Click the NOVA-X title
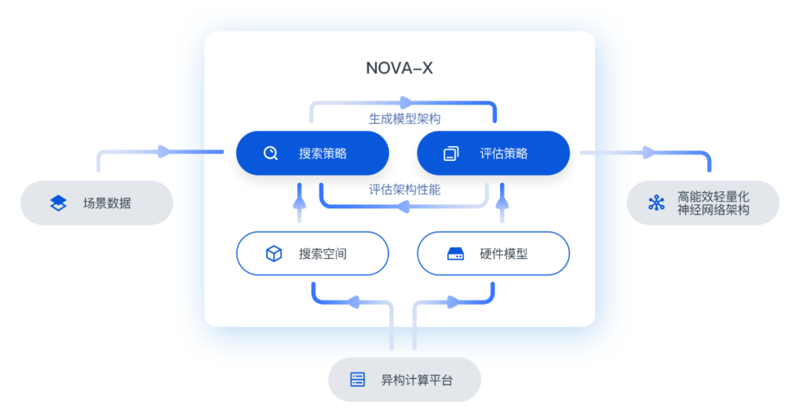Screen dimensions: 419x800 pos(399,68)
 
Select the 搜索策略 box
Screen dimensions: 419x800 pos(312,154)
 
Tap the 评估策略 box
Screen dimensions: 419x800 pos(493,154)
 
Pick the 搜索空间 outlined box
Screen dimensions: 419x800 pos(312,254)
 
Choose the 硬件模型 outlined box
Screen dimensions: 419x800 pos(493,254)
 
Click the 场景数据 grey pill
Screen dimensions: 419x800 pos(96,202)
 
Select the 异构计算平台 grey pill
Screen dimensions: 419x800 pos(404,380)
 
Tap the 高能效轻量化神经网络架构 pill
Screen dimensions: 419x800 pos(703,202)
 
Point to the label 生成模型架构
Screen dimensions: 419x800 pos(405,118)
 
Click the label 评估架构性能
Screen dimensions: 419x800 pos(404,190)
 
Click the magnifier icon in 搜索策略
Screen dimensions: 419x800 pos(270,154)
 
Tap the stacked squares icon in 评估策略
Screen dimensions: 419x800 pos(450,154)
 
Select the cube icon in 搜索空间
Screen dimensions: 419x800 pos(273,254)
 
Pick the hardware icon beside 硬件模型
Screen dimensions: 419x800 pos(455,254)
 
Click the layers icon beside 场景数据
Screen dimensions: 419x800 pos(58,202)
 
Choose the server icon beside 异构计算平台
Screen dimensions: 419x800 pos(358,380)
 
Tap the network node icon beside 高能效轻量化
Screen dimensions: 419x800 pos(656,203)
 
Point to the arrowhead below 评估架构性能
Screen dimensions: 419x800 pos(404,205)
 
